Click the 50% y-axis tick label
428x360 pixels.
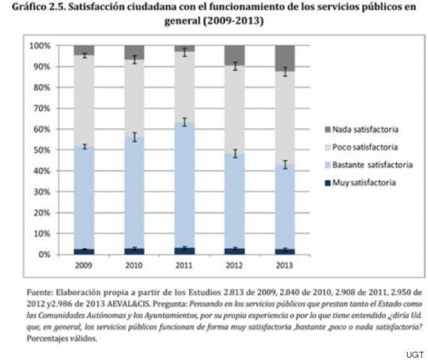(40, 150)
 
